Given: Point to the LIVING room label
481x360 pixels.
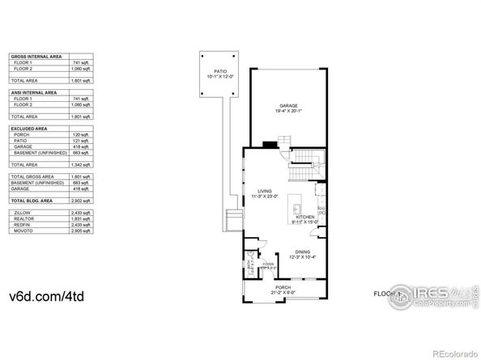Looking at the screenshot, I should click(x=265, y=192).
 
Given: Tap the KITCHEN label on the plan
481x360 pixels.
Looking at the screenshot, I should click(x=304, y=217).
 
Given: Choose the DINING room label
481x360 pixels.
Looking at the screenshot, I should click(x=303, y=252).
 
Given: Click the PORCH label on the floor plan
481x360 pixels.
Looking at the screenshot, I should click(x=283, y=288).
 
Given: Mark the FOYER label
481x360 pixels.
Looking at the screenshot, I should click(x=266, y=263).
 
